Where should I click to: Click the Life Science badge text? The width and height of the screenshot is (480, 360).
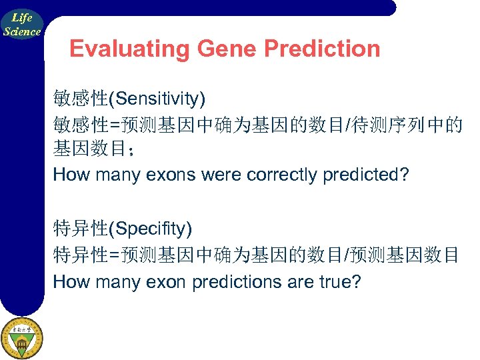(x=22, y=25)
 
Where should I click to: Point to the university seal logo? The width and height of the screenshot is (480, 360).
(x=21, y=338)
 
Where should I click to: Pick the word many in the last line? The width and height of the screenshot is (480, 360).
(x=122, y=282)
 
